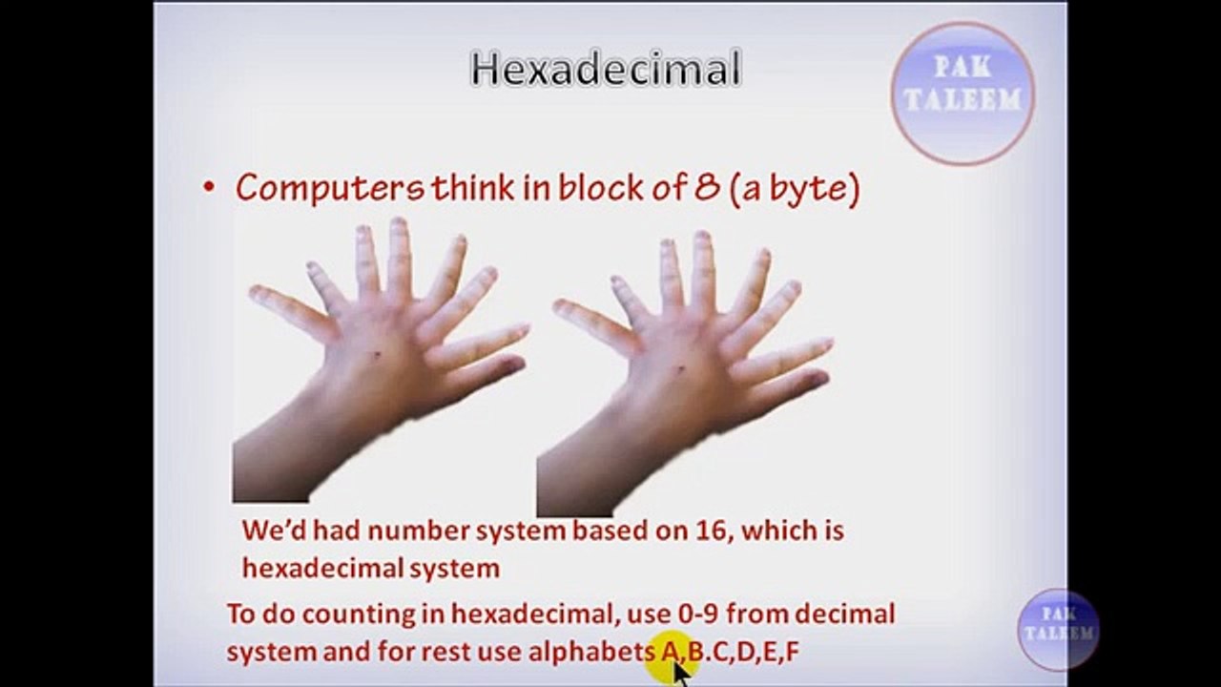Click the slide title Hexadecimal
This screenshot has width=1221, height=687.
pyautogui.click(x=606, y=69)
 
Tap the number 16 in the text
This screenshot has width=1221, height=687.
pyautogui.click(x=709, y=531)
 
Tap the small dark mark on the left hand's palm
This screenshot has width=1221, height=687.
pyautogui.click(x=378, y=355)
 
